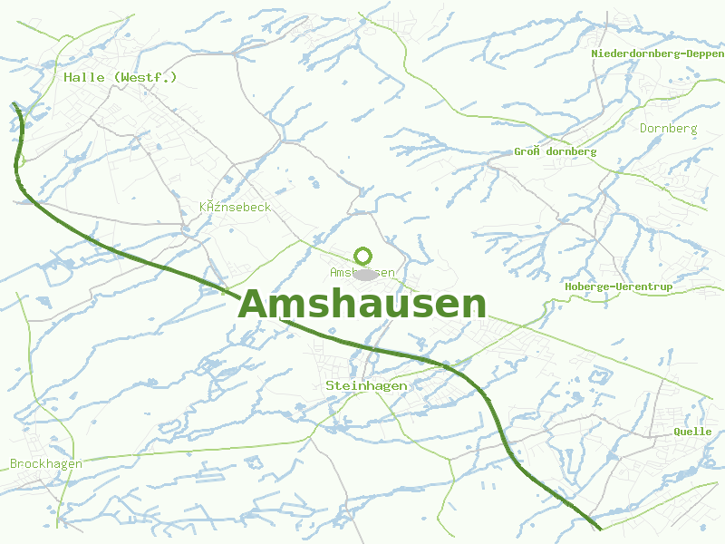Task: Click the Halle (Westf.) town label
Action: pyautogui.click(x=121, y=77)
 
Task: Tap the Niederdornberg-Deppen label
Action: pyautogui.click(x=657, y=53)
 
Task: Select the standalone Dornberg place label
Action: pyautogui.click(x=669, y=128)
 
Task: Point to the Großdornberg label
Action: pyautogui.click(x=556, y=151)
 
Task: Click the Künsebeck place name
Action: pyautogui.click(x=235, y=208)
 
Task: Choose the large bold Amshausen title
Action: pyautogui.click(x=362, y=304)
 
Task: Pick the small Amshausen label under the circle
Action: pyautogui.click(x=362, y=272)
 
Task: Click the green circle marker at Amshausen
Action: pyautogui.click(x=363, y=256)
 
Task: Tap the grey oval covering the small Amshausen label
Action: pyautogui.click(x=365, y=274)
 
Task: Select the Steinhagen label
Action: pyautogui.click(x=366, y=385)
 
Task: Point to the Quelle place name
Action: pyautogui.click(x=692, y=432)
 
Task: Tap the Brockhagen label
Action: pyautogui.click(x=46, y=463)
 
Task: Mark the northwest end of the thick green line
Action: pyautogui.click(x=15, y=105)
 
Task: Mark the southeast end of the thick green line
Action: pyautogui.click(x=599, y=528)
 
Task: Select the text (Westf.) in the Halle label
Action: pyautogui.click(x=146, y=77)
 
